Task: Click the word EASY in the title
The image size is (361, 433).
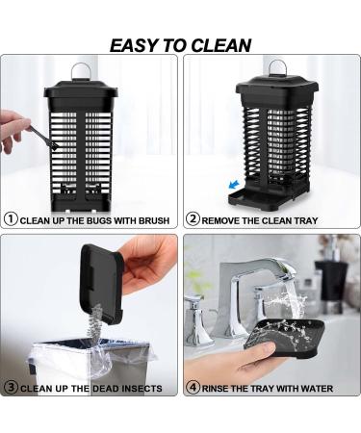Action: pyautogui.click(x=135, y=45)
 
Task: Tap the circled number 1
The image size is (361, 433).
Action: pyautogui.click(x=11, y=219)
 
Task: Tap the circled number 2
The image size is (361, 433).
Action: pyautogui.click(x=193, y=219)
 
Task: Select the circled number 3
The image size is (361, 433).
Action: pyautogui.click(x=11, y=387)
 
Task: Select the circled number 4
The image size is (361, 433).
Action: pyautogui.click(x=193, y=387)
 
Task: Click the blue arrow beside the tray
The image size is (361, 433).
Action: pyautogui.click(x=234, y=185)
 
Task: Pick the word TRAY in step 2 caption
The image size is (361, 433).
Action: pyautogui.click(x=305, y=221)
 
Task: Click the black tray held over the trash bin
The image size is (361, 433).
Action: pyautogui.click(x=100, y=282)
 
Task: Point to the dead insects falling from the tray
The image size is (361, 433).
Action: pyautogui.click(x=95, y=320)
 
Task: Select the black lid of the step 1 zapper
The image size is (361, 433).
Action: pyautogui.click(x=81, y=93)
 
